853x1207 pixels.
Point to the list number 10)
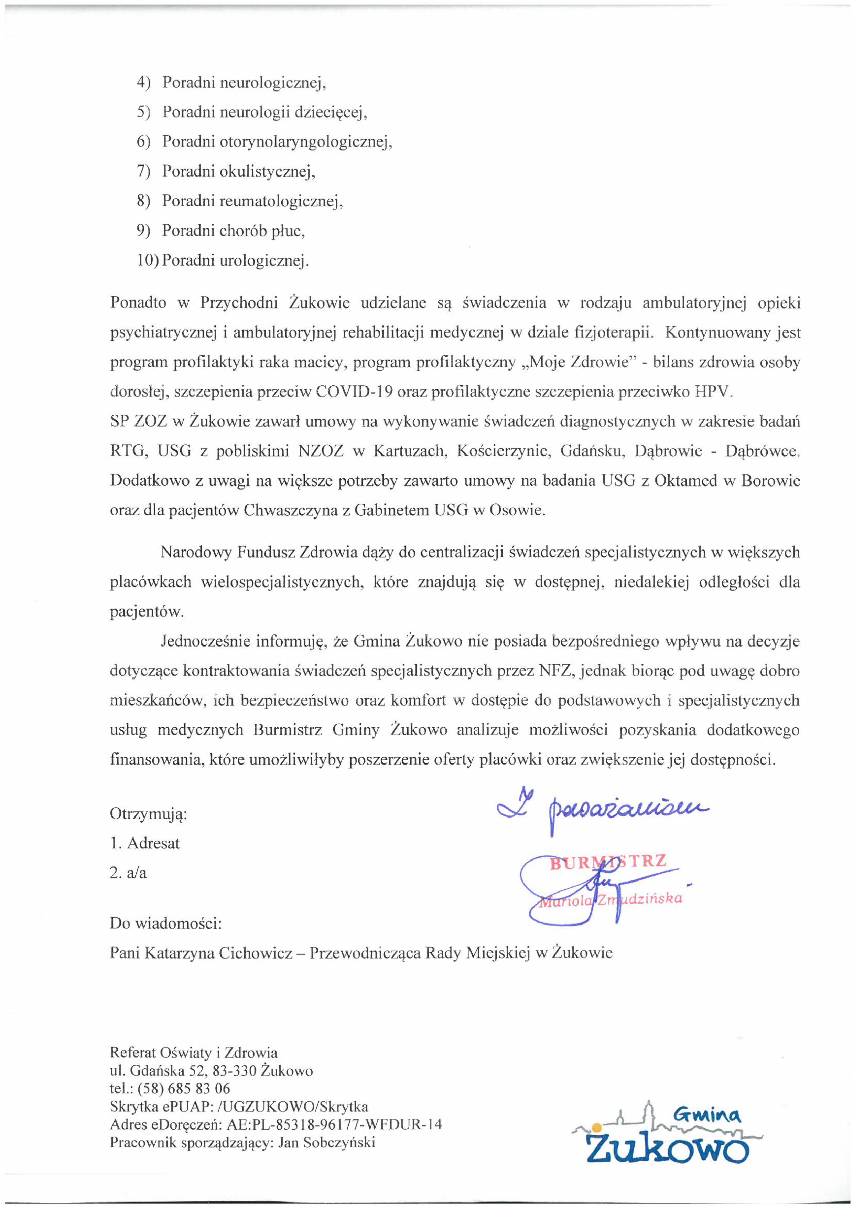(x=148, y=261)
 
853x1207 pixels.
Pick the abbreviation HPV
(x=713, y=393)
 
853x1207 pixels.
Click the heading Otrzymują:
(x=149, y=814)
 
